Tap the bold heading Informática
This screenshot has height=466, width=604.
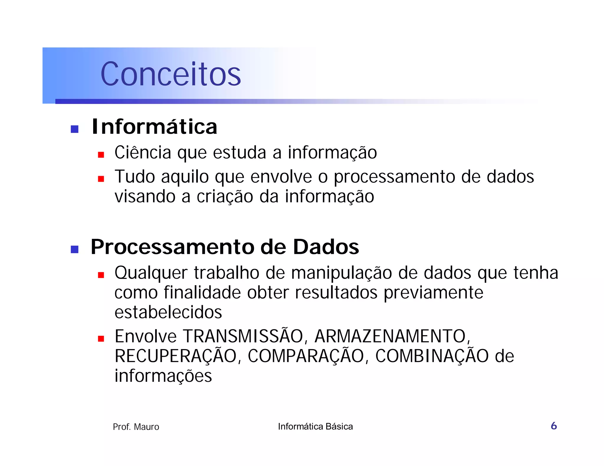pyautogui.click(x=154, y=127)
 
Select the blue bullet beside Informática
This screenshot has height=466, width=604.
pyautogui.click(x=75, y=129)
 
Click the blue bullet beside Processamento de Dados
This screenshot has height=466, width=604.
pyautogui.click(x=75, y=249)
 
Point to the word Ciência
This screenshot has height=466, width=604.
pyautogui.click(x=143, y=153)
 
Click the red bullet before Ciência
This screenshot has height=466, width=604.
pyautogui.click(x=101, y=155)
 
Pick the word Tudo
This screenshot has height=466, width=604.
pyautogui.click(x=134, y=177)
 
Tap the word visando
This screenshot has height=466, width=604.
pyautogui.click(x=145, y=196)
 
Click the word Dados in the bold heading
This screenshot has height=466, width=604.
pyautogui.click(x=326, y=247)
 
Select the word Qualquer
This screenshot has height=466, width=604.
pyautogui.click(x=151, y=273)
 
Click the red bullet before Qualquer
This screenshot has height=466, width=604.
pyautogui.click(x=101, y=275)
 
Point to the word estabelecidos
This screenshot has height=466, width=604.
pyautogui.click(x=168, y=312)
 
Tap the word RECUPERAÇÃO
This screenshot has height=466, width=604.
pyautogui.click(x=176, y=356)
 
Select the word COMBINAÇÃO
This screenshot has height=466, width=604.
pyautogui.click(x=432, y=356)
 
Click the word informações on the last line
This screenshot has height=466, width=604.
pyautogui.click(x=163, y=376)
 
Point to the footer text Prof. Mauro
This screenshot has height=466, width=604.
pyautogui.click(x=136, y=427)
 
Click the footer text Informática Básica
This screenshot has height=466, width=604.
pyautogui.click(x=315, y=427)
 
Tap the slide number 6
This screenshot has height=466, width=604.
pyautogui.click(x=554, y=426)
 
